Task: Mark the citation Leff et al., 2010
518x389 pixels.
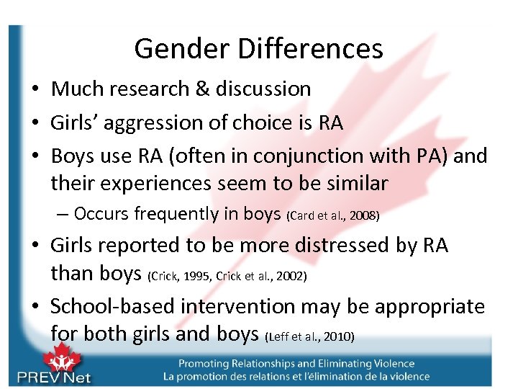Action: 310,336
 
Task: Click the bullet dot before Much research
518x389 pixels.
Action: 35,90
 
